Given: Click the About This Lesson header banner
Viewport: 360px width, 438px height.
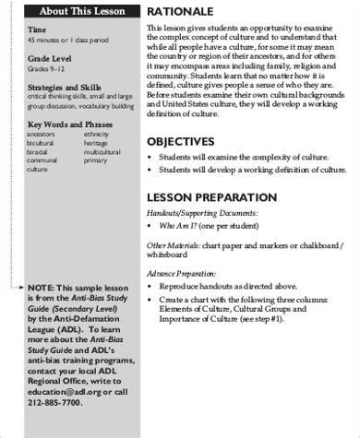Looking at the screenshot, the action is [x=82, y=11].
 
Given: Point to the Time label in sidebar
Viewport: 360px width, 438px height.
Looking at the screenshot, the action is [x=37, y=30].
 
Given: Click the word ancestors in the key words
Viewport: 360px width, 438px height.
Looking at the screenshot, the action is [x=42, y=135].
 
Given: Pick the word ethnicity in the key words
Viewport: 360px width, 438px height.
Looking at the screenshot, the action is [x=98, y=135].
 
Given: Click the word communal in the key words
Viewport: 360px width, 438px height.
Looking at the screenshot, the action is [x=43, y=161].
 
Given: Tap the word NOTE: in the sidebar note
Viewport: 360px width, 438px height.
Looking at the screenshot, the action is [x=42, y=288].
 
